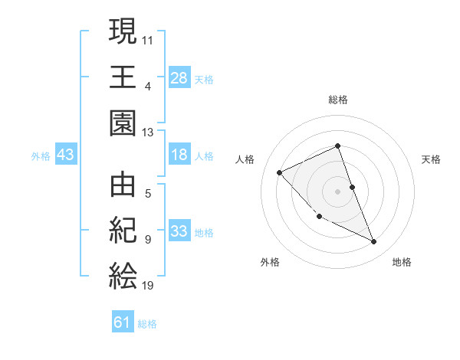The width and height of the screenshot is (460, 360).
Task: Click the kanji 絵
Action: pyautogui.click(x=123, y=276)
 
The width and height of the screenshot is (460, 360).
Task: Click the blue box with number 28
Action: pyautogui.click(x=179, y=77)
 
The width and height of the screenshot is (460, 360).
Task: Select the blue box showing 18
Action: pyautogui.click(x=179, y=155)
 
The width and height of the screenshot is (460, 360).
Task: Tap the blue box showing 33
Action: pyautogui.click(x=179, y=232)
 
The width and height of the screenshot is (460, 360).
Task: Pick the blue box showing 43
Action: pyautogui.click(x=65, y=155)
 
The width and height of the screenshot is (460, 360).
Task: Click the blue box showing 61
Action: pyautogui.click(x=123, y=322)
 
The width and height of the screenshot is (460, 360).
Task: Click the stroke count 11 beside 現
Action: pyautogui.click(x=148, y=38)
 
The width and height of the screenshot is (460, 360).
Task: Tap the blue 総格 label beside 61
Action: pyautogui.click(x=147, y=324)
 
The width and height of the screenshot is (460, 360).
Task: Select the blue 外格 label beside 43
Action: pyautogui.click(x=41, y=156)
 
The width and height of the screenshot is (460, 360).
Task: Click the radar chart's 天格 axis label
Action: pyautogui.click(x=432, y=159)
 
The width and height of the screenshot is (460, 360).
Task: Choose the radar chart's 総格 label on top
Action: pyautogui.click(x=337, y=100)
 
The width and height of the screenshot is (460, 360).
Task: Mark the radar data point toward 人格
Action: pyautogui.click(x=280, y=172)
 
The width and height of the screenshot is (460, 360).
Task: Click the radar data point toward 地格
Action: pyautogui.click(x=373, y=241)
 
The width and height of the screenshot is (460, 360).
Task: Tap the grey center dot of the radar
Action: pyautogui.click(x=337, y=191)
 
